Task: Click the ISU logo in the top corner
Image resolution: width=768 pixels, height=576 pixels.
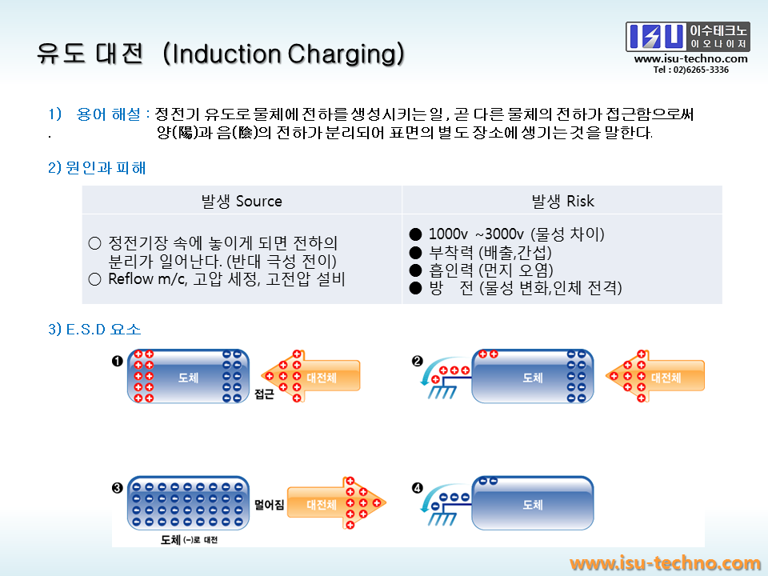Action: coord(688,37)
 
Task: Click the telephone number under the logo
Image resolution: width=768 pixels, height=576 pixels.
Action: coord(690,70)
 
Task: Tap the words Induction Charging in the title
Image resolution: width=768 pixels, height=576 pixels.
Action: coord(283,54)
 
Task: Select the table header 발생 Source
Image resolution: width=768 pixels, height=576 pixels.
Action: coord(242,201)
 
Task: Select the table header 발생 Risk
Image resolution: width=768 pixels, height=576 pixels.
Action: coord(562,201)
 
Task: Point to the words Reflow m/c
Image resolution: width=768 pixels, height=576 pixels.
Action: coord(147,279)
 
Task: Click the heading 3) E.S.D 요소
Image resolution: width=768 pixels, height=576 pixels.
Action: coord(94,329)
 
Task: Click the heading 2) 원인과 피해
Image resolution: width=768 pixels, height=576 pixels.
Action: coord(97,167)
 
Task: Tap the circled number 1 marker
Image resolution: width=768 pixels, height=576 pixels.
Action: coord(117,362)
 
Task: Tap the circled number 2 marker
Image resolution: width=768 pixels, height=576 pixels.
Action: coord(417,362)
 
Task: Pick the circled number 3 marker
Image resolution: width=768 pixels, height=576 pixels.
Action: coord(117,488)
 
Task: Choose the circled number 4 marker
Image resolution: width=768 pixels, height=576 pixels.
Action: coord(417,488)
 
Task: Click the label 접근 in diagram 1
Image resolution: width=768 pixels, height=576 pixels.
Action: coord(264,394)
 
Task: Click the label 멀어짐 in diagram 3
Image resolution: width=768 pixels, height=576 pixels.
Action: coord(269,505)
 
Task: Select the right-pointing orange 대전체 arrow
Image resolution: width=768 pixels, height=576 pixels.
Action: coord(336,503)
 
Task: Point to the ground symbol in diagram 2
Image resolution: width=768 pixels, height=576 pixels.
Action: coord(442,391)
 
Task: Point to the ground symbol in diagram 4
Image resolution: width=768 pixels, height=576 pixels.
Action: coord(442,518)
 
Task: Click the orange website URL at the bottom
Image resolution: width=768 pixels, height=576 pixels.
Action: coord(665,563)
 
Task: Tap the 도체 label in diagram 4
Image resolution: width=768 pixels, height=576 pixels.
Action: coord(533,505)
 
